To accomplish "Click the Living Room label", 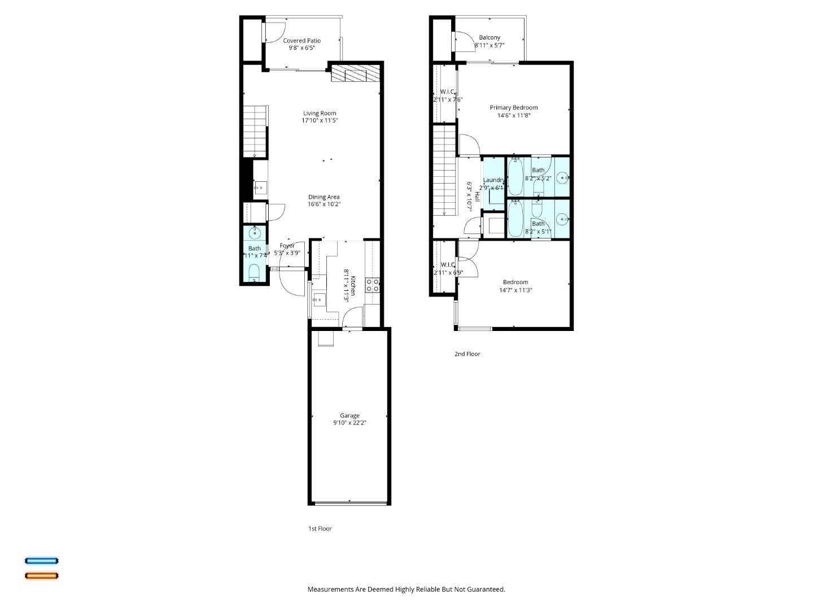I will (x=320, y=113).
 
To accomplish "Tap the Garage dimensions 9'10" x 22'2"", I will (x=349, y=423).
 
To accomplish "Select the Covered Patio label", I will (x=301, y=41).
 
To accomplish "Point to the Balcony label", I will (x=489, y=37).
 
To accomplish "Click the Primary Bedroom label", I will (x=513, y=107).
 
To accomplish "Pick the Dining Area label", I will (x=324, y=197).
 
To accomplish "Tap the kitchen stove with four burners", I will (x=372, y=285).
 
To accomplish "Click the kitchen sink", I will (x=319, y=300).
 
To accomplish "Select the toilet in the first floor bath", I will (x=254, y=273).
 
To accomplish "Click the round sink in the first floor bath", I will (x=255, y=232).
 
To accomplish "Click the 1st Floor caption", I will (x=320, y=529).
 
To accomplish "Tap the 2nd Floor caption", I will (x=467, y=354).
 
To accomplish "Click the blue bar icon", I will (x=41, y=561).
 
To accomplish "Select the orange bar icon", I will (x=41, y=576).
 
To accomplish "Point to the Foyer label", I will (x=287, y=246).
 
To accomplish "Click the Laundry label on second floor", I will (x=493, y=180).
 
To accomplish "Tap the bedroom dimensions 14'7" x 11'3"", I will (x=515, y=290).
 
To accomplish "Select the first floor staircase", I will (x=254, y=131).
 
